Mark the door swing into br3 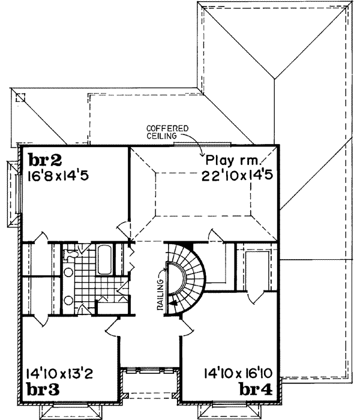tap(114, 326)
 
